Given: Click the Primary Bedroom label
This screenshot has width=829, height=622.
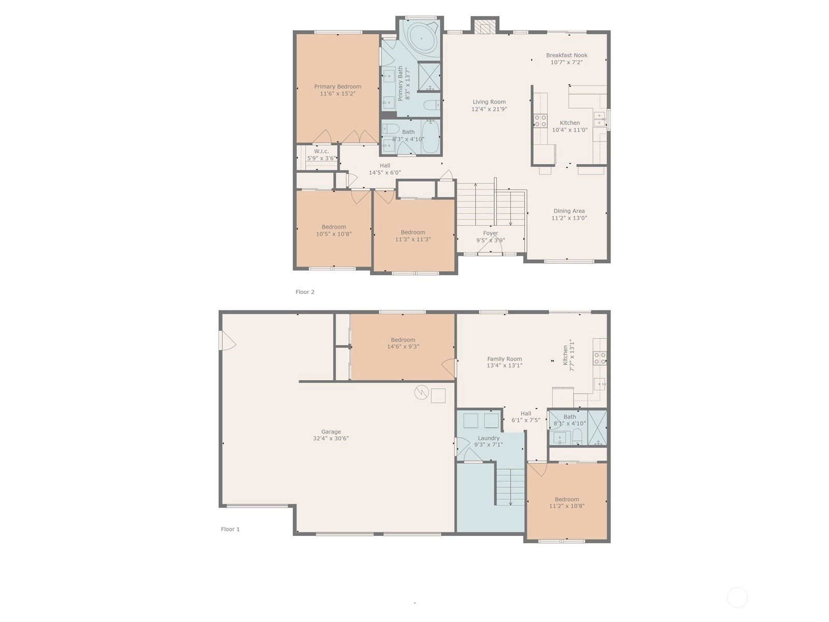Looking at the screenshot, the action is point(337,87).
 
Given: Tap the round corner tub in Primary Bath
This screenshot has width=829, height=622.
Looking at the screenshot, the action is point(421,38).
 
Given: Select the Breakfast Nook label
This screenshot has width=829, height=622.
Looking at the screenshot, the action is point(566,55).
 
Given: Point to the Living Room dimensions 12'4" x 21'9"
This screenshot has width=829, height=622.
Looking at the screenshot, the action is point(489,109).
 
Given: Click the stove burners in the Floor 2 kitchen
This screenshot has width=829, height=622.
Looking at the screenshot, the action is point(540,121).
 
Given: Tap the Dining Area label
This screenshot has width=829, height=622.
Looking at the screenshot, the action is point(569,211).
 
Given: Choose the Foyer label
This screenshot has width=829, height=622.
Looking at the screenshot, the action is point(491,233).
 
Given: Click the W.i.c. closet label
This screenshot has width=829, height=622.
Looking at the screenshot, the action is point(321,151).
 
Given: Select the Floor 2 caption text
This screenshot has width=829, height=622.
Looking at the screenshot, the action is point(305,292).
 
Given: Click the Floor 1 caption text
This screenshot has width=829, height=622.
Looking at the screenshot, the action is point(231,529).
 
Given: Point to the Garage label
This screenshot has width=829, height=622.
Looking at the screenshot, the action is point(331,432).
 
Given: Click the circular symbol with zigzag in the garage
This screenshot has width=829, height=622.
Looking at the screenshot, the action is point(421,392).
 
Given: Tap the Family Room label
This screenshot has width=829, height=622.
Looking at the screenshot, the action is point(505,359).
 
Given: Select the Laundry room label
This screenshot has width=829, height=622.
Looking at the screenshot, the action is point(489,438).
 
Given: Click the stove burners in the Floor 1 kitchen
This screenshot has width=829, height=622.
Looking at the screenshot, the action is point(600,358).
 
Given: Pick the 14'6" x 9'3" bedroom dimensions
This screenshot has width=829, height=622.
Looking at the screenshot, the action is point(403,347).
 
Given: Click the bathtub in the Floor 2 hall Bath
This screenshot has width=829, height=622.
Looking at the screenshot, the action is point(431,137).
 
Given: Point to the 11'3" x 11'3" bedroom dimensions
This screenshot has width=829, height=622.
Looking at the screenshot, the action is point(413,239).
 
